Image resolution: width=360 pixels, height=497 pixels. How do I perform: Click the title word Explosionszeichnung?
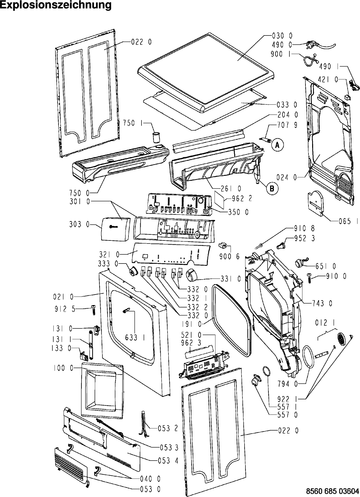pyautogui.click(x=56, y=5)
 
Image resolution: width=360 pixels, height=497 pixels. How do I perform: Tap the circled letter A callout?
pyautogui.click(x=277, y=146)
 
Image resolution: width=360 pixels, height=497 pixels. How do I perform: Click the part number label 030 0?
pyautogui.click(x=282, y=36)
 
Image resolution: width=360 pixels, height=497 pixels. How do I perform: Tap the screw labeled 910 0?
pyautogui.click(x=310, y=278)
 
